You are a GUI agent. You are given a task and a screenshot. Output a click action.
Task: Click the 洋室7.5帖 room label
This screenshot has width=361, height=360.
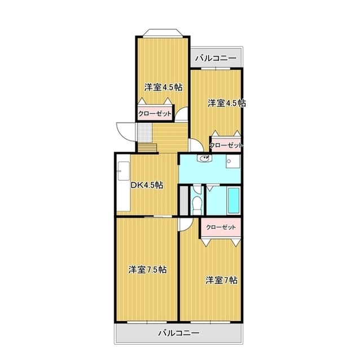click(147, 269)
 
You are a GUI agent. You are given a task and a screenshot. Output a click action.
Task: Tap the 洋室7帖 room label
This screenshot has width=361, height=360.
click(221, 280)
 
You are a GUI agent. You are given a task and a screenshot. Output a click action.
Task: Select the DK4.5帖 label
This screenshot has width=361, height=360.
click(147, 185)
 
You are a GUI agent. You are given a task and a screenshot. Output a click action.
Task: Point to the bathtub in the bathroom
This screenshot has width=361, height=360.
click(234, 201)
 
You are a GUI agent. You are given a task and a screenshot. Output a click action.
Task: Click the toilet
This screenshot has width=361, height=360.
click(197, 202)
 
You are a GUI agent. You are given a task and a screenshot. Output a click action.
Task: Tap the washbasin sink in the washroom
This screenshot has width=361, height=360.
click(204, 158)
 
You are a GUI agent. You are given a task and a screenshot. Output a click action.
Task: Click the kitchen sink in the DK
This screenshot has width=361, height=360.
click(124, 171)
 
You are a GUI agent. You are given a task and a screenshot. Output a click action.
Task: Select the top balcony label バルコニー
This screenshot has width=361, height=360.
click(215, 58)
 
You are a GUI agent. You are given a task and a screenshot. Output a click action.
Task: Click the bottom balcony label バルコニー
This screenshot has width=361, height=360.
click(179, 333)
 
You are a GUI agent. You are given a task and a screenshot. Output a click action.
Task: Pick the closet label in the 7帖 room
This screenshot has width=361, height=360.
click(221, 228)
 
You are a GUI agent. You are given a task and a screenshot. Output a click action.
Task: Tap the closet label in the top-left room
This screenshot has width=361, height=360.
click(155, 114)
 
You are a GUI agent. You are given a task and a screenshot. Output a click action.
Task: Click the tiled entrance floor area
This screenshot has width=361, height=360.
click(145, 133)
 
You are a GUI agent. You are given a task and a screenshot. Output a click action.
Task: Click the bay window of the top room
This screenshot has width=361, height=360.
click(163, 33)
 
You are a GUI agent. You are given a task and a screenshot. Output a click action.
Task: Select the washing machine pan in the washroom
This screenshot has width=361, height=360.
click(233, 162)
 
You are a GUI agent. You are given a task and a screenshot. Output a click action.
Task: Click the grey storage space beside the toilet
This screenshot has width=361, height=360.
click(184, 201)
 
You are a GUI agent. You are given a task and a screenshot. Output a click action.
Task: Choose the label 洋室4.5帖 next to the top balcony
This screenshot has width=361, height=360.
click(227, 103)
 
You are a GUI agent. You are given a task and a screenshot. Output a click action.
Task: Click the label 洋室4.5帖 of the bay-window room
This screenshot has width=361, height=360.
click(164, 87)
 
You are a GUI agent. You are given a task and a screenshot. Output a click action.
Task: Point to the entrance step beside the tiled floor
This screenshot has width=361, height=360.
click(147, 148)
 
